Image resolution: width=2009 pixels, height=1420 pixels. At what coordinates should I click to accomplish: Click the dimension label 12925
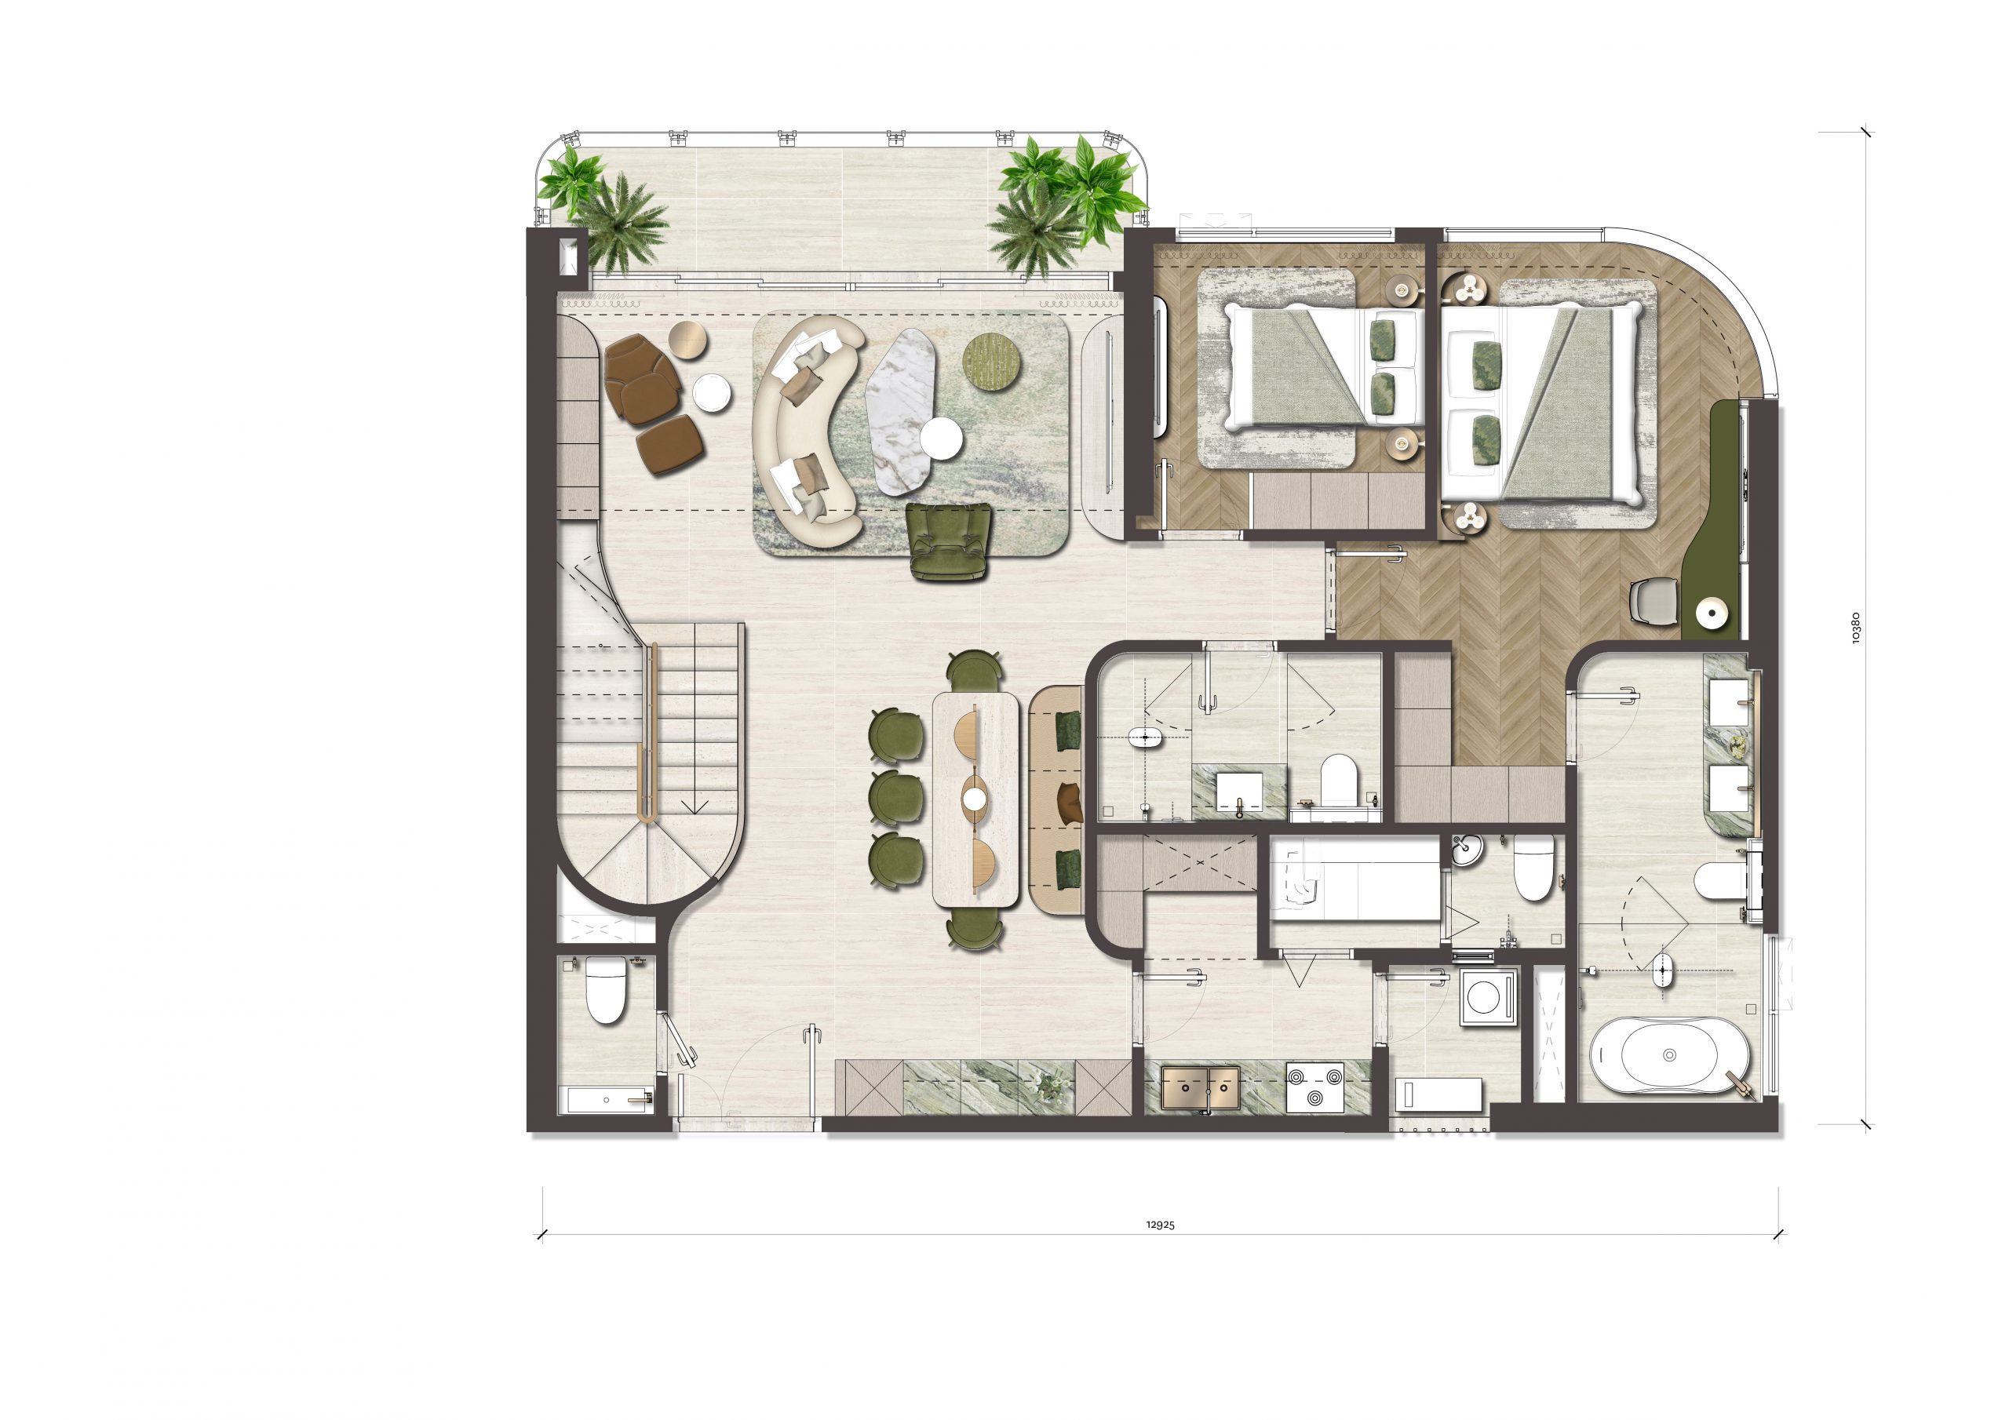[x=1160, y=1224]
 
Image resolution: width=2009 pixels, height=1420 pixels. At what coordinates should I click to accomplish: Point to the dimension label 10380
[x=1856, y=628]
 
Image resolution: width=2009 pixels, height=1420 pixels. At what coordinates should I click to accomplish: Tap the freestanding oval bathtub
[x=1669, y=1055]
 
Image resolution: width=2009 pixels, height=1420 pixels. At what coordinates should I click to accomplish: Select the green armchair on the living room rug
[x=951, y=541]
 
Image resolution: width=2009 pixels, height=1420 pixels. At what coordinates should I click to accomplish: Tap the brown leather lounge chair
[x=644, y=379]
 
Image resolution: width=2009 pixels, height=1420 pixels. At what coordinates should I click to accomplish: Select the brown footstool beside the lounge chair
[x=670, y=443]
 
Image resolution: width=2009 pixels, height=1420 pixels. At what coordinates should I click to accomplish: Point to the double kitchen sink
[x=1201, y=1087]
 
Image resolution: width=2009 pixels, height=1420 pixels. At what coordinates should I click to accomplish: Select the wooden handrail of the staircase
[x=648, y=731]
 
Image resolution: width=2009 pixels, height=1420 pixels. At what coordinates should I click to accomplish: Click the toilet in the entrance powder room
[x=606, y=988]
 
